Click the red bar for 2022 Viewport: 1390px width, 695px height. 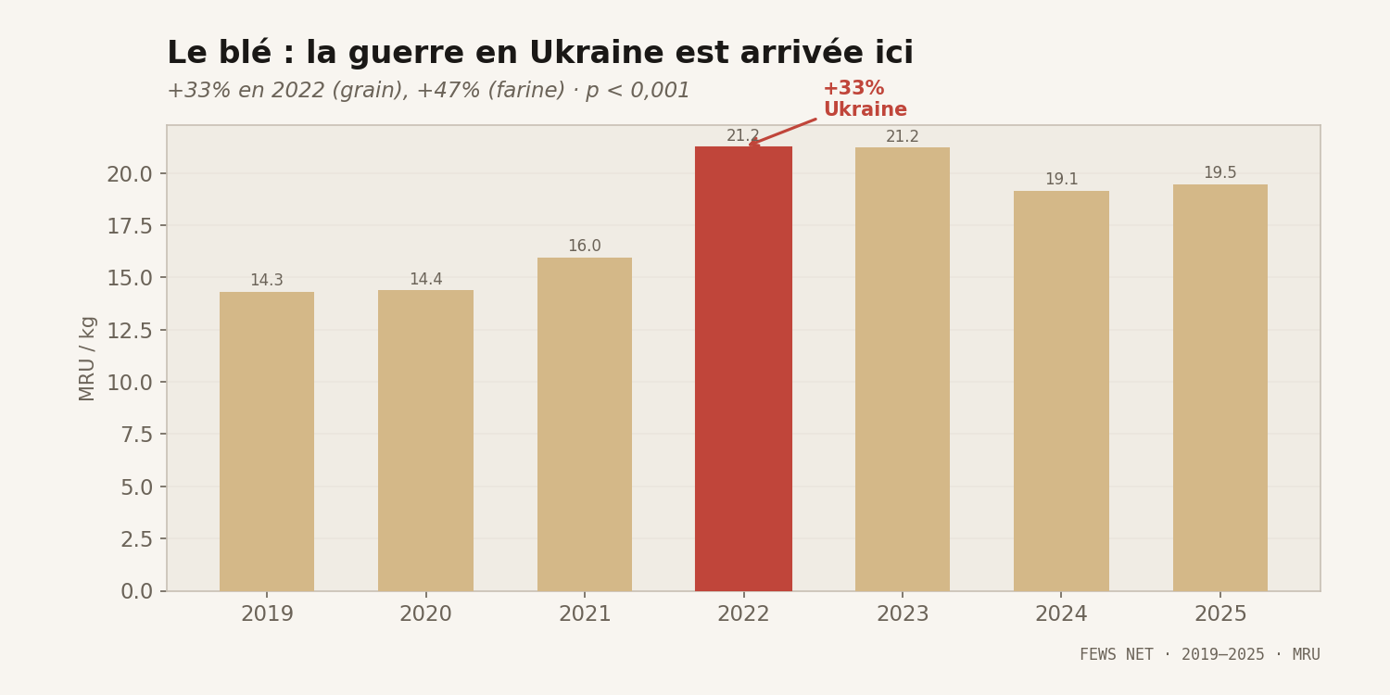pyautogui.click(x=743, y=371)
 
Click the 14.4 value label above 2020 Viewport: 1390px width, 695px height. pyautogui.click(x=425, y=280)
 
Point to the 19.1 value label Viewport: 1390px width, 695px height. pyautogui.click(x=1061, y=180)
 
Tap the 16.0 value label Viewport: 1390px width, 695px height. pyautogui.click(x=585, y=246)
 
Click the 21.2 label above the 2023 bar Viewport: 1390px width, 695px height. pyautogui.click(x=902, y=137)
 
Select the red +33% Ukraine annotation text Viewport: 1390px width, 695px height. pyautogui.click(x=865, y=99)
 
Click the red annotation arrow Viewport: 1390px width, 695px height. pyautogui.click(x=783, y=132)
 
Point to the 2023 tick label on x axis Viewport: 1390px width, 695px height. pyautogui.click(x=902, y=614)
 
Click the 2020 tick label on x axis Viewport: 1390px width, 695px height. pyautogui.click(x=425, y=614)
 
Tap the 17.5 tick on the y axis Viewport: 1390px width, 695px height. pyautogui.click(x=129, y=226)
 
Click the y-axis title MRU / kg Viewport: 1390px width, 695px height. pyautogui.click(x=87, y=358)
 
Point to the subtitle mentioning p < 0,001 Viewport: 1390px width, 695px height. pyautogui.click(x=428, y=91)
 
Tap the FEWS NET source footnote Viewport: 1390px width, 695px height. pyautogui.click(x=1199, y=654)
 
